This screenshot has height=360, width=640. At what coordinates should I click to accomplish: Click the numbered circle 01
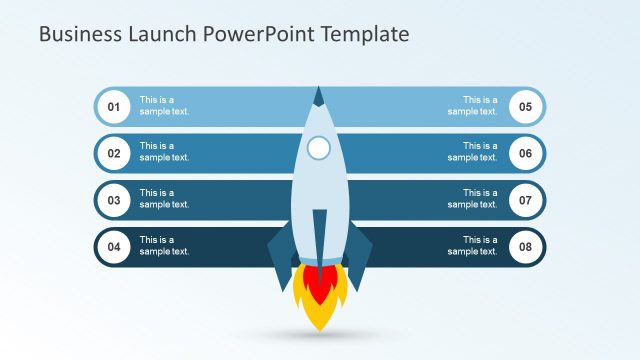[x=114, y=106]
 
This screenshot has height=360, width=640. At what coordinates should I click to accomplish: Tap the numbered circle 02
[x=114, y=153]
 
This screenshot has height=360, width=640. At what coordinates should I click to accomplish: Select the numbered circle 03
[x=114, y=200]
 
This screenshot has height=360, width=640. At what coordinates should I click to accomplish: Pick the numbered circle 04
[x=114, y=247]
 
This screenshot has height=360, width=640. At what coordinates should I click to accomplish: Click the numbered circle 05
[x=526, y=106]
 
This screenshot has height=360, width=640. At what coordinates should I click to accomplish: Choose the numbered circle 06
[x=526, y=153]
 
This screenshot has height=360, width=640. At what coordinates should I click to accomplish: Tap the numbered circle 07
[x=526, y=200]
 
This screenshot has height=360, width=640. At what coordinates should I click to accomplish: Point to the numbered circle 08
[x=526, y=247]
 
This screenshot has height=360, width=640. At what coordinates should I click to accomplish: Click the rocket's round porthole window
[x=319, y=149]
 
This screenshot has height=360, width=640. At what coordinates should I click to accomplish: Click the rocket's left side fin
[x=281, y=253]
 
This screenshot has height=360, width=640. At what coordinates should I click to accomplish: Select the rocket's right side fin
[x=358, y=253]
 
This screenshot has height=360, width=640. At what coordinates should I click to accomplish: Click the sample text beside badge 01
[x=164, y=106]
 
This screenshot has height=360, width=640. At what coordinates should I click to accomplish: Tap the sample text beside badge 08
[x=472, y=246]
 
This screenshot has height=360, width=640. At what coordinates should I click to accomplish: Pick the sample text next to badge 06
[x=472, y=152]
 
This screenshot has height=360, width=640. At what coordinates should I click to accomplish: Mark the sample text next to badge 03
[x=164, y=199]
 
